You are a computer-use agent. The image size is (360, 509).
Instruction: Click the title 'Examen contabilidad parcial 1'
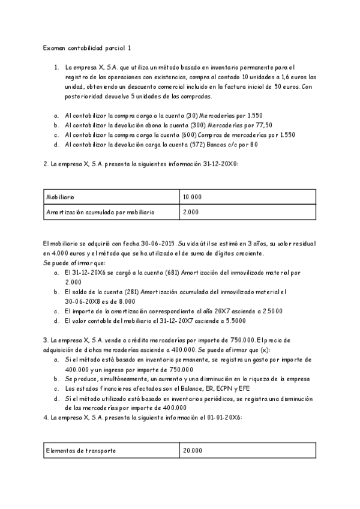click(x=86, y=47)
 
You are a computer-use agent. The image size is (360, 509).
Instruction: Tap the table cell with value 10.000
click(x=193, y=197)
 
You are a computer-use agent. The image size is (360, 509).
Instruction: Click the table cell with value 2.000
click(x=191, y=212)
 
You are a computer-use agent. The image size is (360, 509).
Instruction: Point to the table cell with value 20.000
click(x=193, y=450)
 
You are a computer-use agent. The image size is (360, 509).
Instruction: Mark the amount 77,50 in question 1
click(x=263, y=125)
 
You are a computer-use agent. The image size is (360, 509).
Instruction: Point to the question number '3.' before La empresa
click(x=46, y=340)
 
